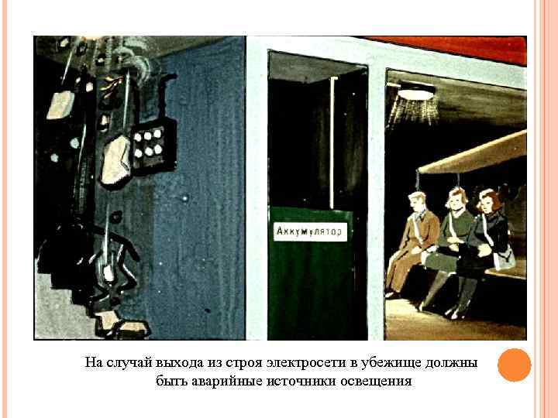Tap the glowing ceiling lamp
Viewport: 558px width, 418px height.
pyautogui.click(x=415, y=93)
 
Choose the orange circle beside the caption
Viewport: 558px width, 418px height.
pyautogui.click(x=514, y=365)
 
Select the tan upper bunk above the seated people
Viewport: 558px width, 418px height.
pyautogui.click(x=473, y=155)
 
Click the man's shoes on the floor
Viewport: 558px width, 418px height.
pyautogui.click(x=392, y=294)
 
